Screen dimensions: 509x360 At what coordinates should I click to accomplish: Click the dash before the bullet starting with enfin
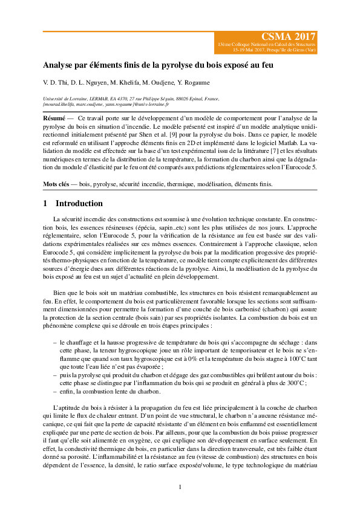pyautogui.click(x=55, y=391)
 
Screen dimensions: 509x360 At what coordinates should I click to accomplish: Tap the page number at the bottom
pyautogui.click(x=180, y=488)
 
